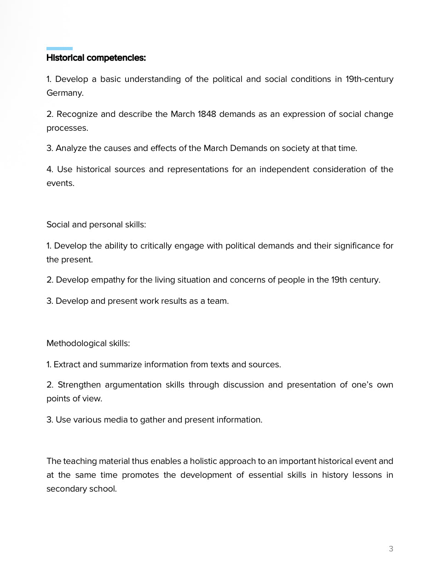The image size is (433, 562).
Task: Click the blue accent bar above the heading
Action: [x=59, y=48]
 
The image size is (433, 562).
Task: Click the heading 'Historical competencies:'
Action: [x=96, y=58]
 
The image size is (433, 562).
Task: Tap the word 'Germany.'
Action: [x=65, y=93]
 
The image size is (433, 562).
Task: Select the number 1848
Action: [x=207, y=114]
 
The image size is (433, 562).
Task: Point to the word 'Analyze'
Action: [x=71, y=148]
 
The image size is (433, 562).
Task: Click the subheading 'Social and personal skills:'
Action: [x=96, y=225]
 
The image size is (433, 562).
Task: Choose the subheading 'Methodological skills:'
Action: [x=88, y=343]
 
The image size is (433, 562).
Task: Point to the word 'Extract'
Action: [x=67, y=365]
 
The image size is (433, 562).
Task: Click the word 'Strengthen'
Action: [x=79, y=385]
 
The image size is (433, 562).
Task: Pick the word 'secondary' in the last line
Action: [x=64, y=489]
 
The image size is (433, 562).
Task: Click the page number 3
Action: [x=391, y=549]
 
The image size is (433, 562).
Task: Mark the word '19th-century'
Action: [x=369, y=79]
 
